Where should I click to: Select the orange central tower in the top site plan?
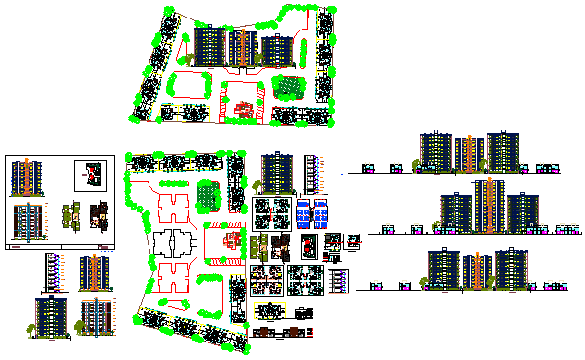tap(243, 47)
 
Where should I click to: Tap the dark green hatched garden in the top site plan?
tap(291, 88)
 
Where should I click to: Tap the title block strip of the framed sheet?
tap(61, 247)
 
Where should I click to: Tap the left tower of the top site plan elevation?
tap(209, 47)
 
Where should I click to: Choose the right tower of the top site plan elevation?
tap(276, 50)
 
